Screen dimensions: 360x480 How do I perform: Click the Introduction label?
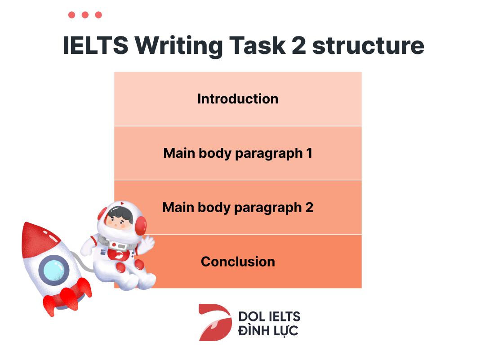[x=238, y=99]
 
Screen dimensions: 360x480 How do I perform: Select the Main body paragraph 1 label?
[x=238, y=153]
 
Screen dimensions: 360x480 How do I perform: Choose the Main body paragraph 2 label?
[x=238, y=208]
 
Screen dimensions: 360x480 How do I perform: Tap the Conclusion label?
[x=238, y=262]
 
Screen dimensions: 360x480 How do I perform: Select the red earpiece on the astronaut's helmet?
[x=141, y=225]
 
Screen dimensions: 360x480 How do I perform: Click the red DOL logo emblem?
[x=214, y=322]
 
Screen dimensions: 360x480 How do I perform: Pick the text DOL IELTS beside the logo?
[x=269, y=316]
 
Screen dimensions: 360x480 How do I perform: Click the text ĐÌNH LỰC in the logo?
[x=268, y=331]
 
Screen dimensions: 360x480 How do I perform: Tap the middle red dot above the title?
[x=85, y=15]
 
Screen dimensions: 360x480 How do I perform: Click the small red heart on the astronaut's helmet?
[x=122, y=204]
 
